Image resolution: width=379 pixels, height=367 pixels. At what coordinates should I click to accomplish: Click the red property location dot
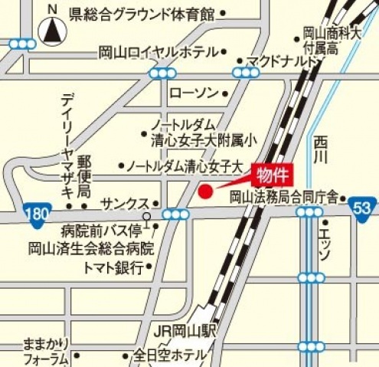tap(204, 192)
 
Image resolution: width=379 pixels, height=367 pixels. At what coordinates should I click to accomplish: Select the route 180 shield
tap(33, 212)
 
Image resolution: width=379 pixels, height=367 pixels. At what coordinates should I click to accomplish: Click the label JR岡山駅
tap(187, 332)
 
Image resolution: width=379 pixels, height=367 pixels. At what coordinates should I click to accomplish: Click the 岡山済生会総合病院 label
tap(91, 248)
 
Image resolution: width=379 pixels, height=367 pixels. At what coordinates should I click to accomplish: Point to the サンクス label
tap(125, 203)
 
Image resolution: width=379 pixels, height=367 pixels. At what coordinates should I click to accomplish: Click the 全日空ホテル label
tap(171, 355)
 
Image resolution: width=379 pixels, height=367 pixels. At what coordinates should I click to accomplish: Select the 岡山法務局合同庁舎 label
tap(284, 197)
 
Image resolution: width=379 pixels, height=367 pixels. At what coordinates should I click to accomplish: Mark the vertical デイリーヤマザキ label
tap(68, 146)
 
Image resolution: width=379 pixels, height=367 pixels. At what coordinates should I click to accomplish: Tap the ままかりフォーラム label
tap(45, 349)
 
